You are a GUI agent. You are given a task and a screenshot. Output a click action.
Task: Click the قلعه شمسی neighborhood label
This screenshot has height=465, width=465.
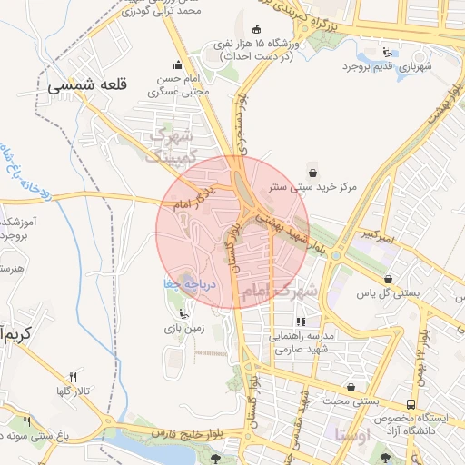tap(86, 85)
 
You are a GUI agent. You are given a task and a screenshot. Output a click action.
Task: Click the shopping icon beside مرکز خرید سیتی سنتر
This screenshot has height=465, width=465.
tap(312, 173)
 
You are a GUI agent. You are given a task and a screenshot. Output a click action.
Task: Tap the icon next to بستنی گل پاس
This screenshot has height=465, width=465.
tap(389, 280)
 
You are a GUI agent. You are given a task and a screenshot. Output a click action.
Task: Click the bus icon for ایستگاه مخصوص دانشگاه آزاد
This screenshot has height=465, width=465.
tap(411, 403)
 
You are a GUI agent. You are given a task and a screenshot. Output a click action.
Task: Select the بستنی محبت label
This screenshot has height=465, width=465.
tap(350, 400)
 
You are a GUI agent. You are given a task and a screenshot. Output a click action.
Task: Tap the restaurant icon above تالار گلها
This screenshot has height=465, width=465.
tap(74, 377)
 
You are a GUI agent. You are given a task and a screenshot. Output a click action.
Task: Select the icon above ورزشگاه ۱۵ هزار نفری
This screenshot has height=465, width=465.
tap(257, 28)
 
